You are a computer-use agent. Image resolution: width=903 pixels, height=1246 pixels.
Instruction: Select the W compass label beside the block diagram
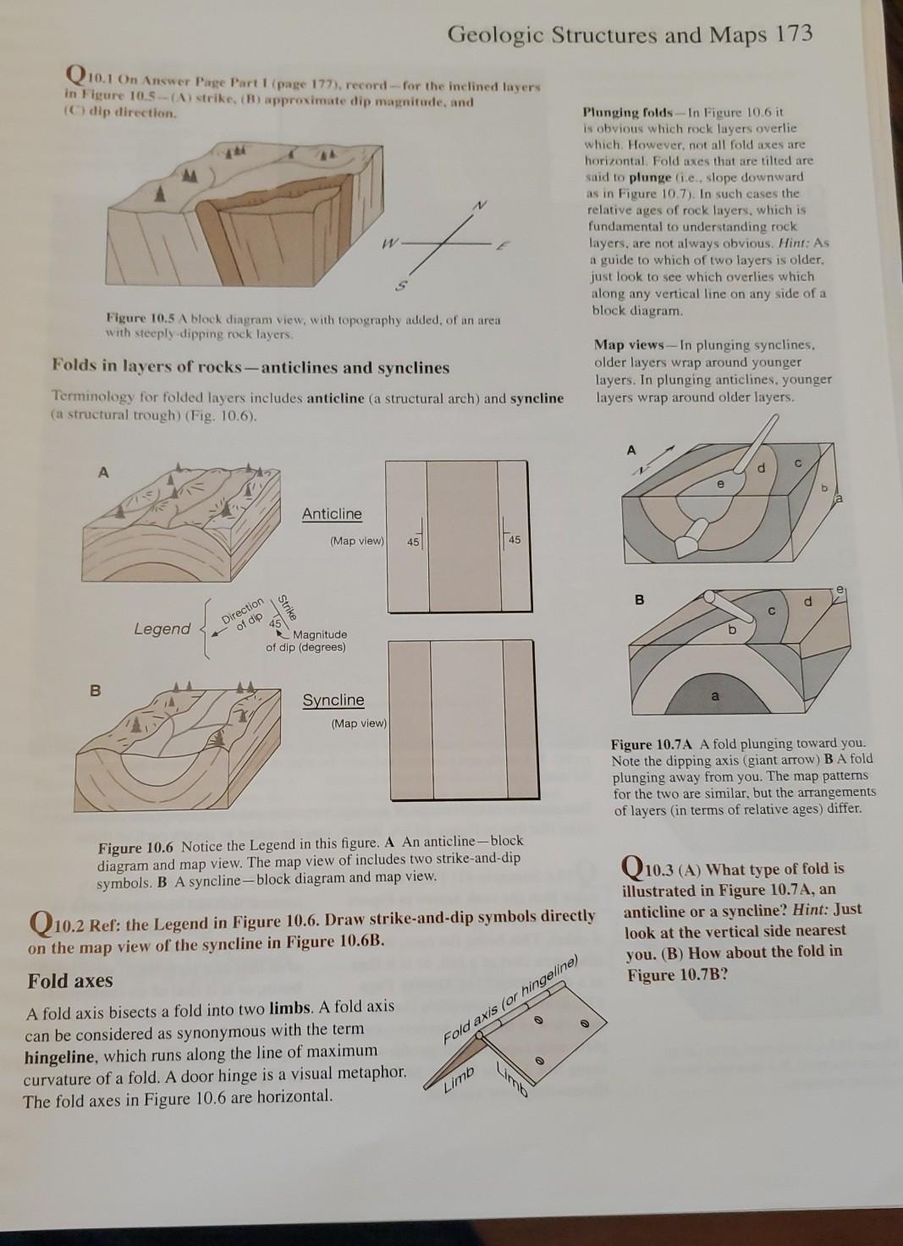[388, 246]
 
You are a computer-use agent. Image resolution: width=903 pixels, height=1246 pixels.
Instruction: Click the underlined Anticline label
[332, 514]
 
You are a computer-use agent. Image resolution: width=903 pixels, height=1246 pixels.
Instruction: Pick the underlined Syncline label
[333, 700]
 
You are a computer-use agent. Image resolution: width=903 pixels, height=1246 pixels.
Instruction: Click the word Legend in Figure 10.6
[162, 628]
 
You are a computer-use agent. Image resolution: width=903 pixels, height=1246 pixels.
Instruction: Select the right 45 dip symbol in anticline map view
[514, 539]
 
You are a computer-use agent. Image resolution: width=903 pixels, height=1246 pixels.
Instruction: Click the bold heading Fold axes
[70, 981]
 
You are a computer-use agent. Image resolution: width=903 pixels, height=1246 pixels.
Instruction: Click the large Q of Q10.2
[40, 921]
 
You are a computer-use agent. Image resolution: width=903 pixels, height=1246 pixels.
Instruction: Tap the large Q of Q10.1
[77, 78]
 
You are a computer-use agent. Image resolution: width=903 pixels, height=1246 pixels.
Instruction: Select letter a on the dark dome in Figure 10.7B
[715, 696]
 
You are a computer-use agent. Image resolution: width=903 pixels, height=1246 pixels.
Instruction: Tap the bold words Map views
[631, 344]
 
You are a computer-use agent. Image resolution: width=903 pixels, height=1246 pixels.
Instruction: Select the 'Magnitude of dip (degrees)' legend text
[306, 641]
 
